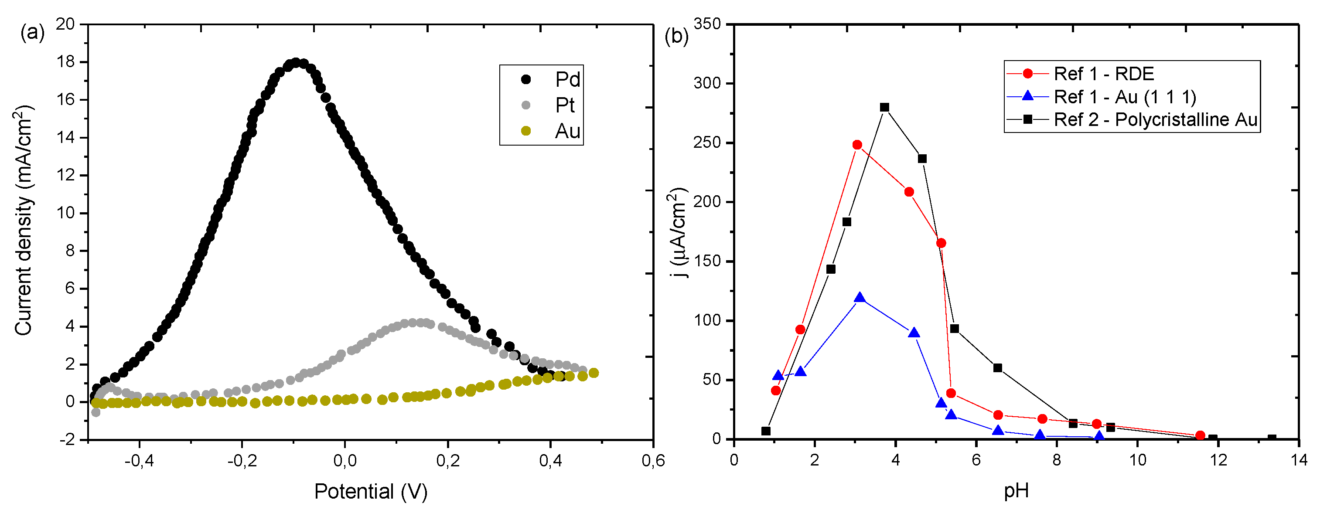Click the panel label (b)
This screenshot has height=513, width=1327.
pyautogui.click(x=676, y=36)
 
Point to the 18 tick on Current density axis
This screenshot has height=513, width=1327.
pyautogui.click(x=65, y=62)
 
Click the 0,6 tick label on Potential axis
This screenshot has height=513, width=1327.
pyautogui.click(x=653, y=460)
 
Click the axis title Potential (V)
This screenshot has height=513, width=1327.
pyautogui.click(x=371, y=491)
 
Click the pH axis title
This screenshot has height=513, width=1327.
pyautogui.click(x=1017, y=491)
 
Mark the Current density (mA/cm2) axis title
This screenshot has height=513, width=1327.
pyautogui.click(x=23, y=221)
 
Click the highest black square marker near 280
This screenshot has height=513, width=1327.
pyautogui.click(x=884, y=107)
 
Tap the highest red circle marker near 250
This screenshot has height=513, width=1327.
pyautogui.click(x=857, y=145)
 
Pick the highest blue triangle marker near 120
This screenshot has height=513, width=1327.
pyautogui.click(x=859, y=298)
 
